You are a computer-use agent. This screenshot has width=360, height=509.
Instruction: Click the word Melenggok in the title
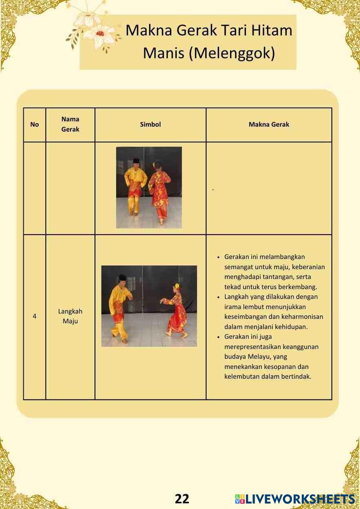(232, 53)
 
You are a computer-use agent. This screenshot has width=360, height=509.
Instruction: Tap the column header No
(35, 124)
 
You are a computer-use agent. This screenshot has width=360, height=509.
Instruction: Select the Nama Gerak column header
(70, 124)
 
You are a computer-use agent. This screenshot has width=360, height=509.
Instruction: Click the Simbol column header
(150, 124)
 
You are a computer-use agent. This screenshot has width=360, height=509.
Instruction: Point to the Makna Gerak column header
(269, 124)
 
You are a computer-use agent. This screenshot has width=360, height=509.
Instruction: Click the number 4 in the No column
(35, 316)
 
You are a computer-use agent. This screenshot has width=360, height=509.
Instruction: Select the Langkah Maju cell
(70, 316)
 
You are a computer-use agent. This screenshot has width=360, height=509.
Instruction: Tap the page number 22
(182, 499)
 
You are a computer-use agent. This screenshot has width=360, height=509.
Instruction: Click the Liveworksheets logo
(295, 499)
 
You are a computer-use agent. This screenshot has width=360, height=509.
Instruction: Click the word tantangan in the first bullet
(281, 277)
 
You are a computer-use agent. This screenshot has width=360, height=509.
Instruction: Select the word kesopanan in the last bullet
(279, 366)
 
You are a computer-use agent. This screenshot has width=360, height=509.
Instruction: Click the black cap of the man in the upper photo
(136, 160)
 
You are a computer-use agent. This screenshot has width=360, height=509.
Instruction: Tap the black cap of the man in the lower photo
(122, 277)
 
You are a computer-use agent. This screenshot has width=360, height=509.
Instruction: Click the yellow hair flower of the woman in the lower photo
(177, 285)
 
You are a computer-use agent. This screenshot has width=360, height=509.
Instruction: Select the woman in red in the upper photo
(160, 193)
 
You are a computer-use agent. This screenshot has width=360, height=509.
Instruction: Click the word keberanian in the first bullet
(308, 267)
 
